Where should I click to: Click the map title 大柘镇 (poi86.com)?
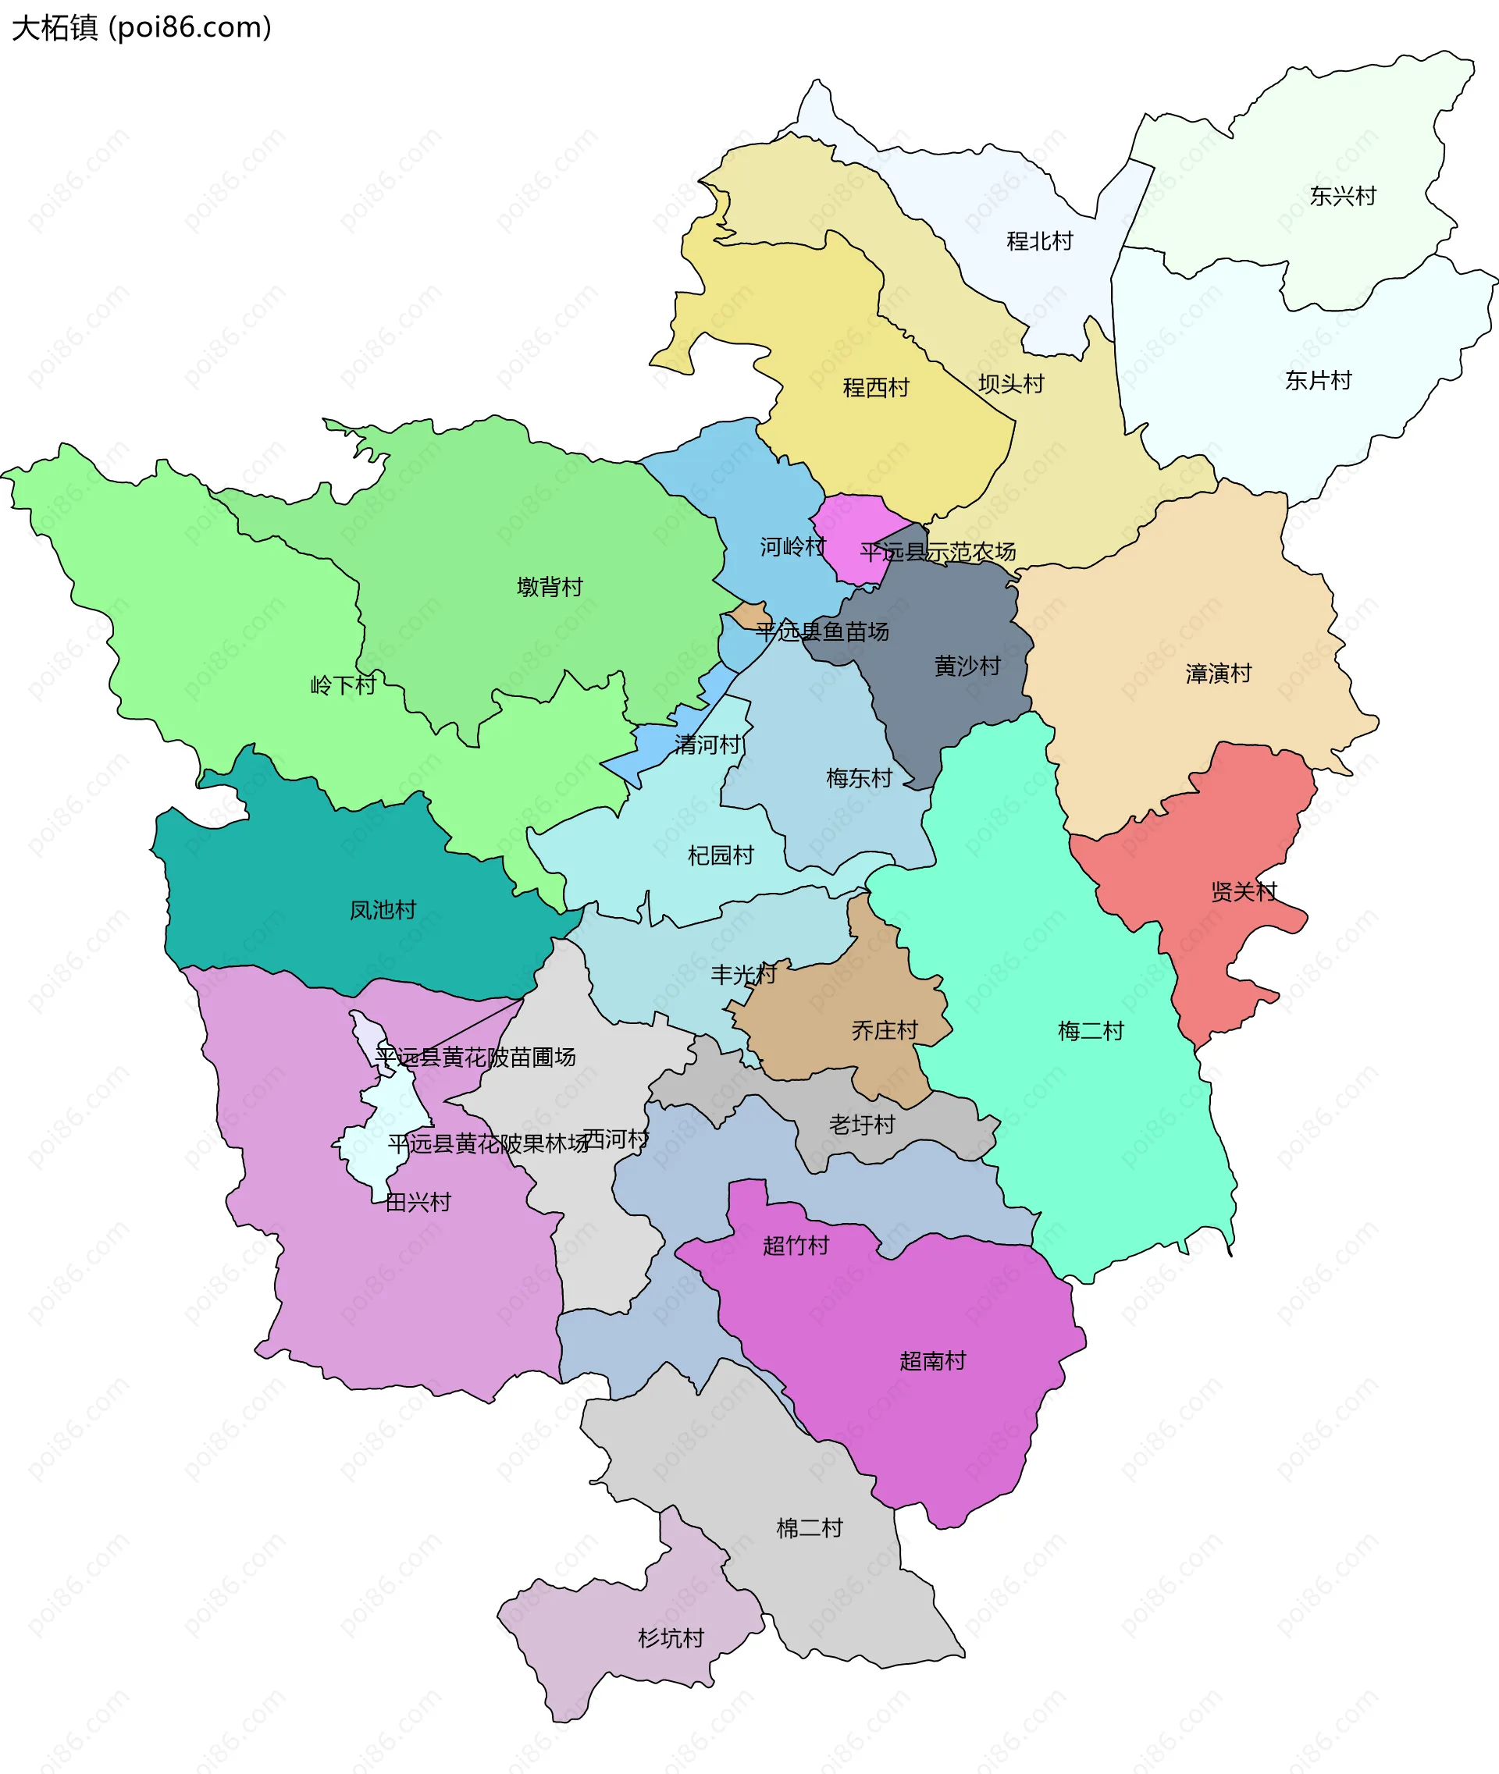(141, 28)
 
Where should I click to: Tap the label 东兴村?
(1343, 196)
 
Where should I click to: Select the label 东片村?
(1318, 381)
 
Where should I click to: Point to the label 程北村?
(1039, 241)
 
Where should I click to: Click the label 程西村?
(875, 387)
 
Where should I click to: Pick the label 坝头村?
(1010, 384)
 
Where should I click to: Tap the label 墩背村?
(550, 587)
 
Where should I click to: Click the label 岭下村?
(343, 684)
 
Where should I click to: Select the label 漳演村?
(1219, 674)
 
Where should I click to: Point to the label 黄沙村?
(967, 665)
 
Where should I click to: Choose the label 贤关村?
(1243, 891)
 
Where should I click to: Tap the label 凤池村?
(383, 910)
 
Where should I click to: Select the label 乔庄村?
(885, 1029)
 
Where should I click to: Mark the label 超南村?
(932, 1360)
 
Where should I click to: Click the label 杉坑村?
(671, 1638)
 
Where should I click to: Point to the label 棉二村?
(809, 1527)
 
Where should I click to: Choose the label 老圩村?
(862, 1124)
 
